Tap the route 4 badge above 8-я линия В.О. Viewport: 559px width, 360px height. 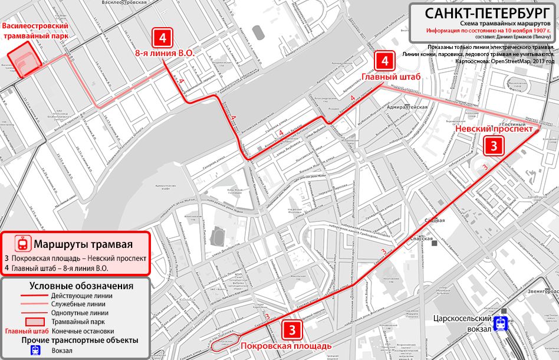pyautogui.click(x=163, y=38)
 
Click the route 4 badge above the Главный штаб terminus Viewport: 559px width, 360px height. pyautogui.click(x=384, y=61)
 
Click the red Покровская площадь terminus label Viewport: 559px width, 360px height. pyautogui.click(x=286, y=346)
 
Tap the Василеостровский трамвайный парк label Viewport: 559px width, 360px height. pyautogui.click(x=35, y=31)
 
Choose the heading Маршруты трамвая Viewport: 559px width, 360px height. pyautogui.click(x=83, y=244)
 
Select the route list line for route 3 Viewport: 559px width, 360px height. pyautogui.click(x=75, y=258)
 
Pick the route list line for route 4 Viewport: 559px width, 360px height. pyautogui.click(x=57, y=269)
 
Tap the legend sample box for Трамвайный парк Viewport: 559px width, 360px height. pyautogui.click(x=35, y=322)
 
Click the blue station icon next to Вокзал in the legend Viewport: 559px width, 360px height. pyautogui.click(x=35, y=350)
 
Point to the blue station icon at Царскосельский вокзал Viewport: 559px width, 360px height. pyautogui.click(x=501, y=323)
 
